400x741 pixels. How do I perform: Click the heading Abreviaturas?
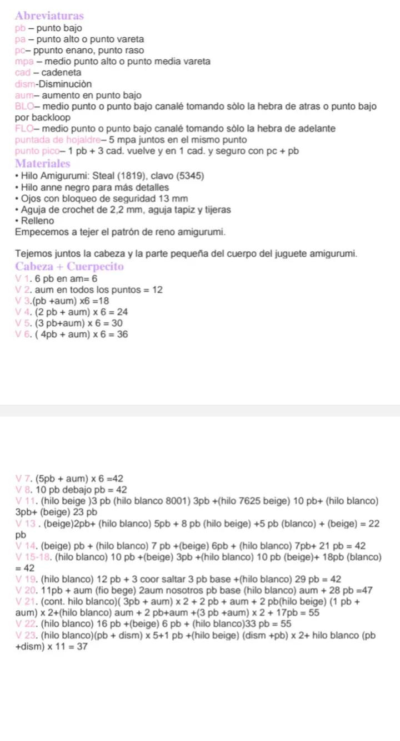(49, 16)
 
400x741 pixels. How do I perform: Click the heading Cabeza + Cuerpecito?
(70, 267)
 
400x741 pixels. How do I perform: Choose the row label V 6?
(24, 334)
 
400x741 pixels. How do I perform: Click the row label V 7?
(24, 479)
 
